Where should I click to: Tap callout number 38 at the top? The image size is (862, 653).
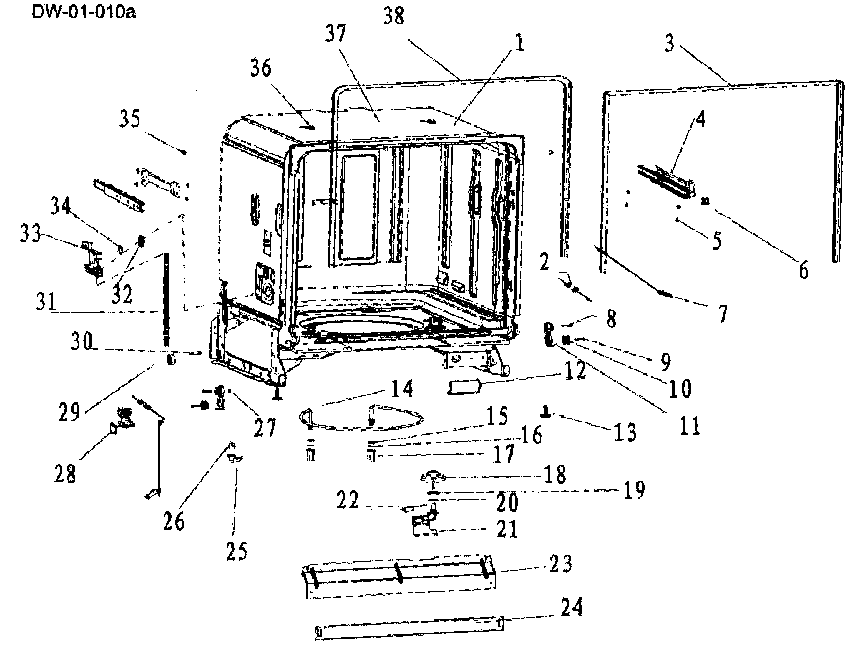coord(394,16)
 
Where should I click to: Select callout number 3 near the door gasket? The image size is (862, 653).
coord(669,43)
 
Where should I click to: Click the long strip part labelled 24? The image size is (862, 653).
coord(409,627)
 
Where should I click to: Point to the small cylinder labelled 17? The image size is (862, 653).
coord(371,455)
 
